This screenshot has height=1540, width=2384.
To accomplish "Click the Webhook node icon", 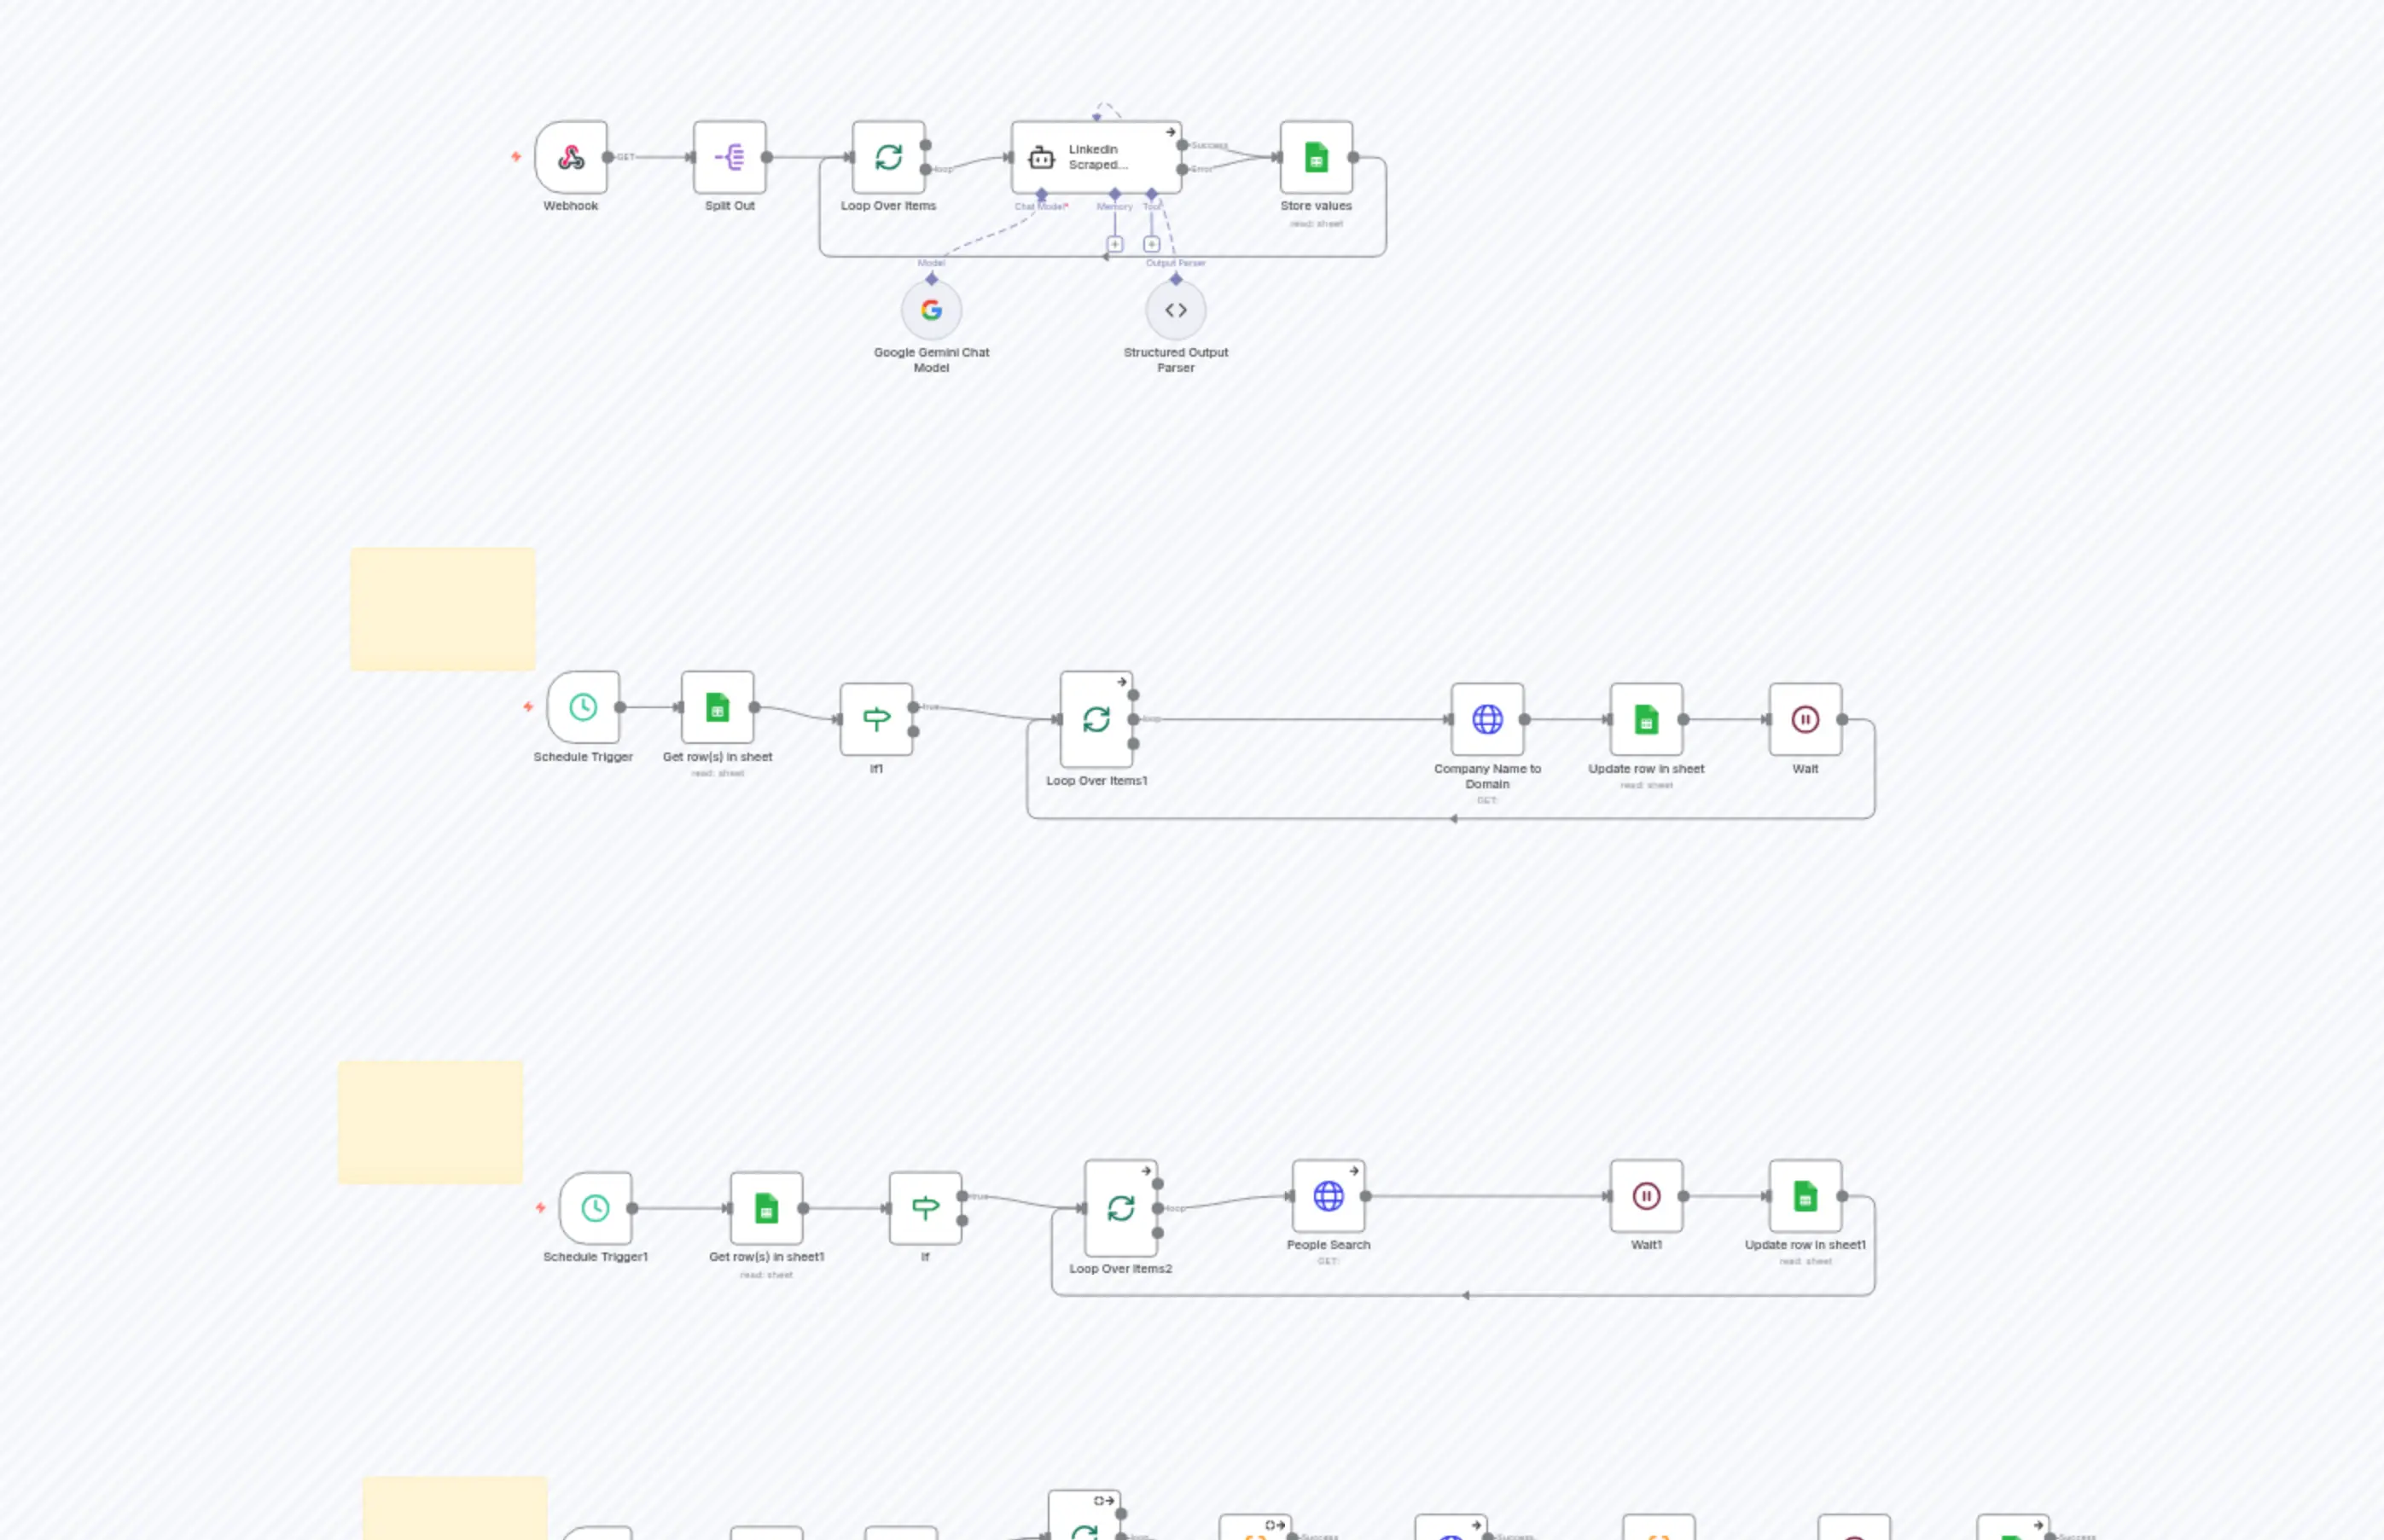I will [x=571, y=157].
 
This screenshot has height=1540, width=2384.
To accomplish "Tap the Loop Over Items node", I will [x=888, y=157].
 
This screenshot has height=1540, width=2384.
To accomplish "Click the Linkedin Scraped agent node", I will [x=1096, y=157].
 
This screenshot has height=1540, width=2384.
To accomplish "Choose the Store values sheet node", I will [x=1316, y=157].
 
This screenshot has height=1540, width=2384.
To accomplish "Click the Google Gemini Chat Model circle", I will [x=931, y=310].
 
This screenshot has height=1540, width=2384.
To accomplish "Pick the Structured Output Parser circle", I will [x=1176, y=310].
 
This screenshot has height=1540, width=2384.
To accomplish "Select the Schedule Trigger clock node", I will [x=583, y=707].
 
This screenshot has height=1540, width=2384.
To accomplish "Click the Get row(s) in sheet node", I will [x=717, y=707].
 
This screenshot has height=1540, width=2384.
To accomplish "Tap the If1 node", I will [x=876, y=719].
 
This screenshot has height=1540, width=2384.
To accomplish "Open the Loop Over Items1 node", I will [x=1096, y=719].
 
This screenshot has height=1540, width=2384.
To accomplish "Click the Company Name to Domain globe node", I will [x=1487, y=719].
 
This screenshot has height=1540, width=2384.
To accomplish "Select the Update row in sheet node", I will [x=1646, y=719].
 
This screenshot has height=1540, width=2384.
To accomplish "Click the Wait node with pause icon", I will [x=1805, y=719].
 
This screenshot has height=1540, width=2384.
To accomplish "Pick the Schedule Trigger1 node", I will [x=595, y=1208].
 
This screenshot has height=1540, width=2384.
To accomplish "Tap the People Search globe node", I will [x=1328, y=1196].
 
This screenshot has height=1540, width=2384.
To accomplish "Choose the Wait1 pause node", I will [x=1646, y=1196].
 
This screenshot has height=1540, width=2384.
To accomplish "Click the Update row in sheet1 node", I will [x=1805, y=1196].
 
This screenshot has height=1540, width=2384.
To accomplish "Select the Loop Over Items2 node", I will [x=1120, y=1208].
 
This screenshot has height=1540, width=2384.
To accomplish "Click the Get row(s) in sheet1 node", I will [x=766, y=1208].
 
